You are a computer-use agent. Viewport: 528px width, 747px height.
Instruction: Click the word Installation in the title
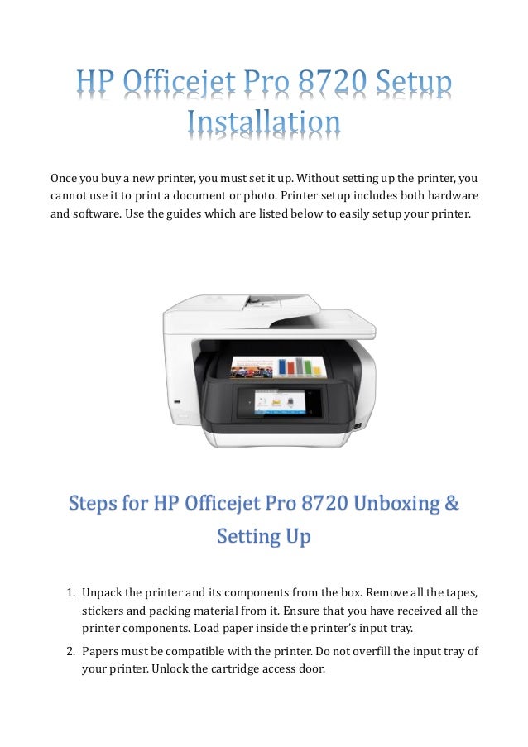pos(263,123)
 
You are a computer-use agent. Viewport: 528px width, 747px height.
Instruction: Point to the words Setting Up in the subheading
pos(263,537)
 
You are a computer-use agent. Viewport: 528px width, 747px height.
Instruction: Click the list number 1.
pos(70,592)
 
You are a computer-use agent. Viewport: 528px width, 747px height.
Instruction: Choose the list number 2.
pos(70,650)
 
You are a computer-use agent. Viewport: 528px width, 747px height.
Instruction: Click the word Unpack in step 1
pos(101,592)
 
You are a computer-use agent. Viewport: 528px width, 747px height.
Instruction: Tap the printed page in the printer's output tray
pos(273,367)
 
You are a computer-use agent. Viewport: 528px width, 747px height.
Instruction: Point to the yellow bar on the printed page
pos(307,366)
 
